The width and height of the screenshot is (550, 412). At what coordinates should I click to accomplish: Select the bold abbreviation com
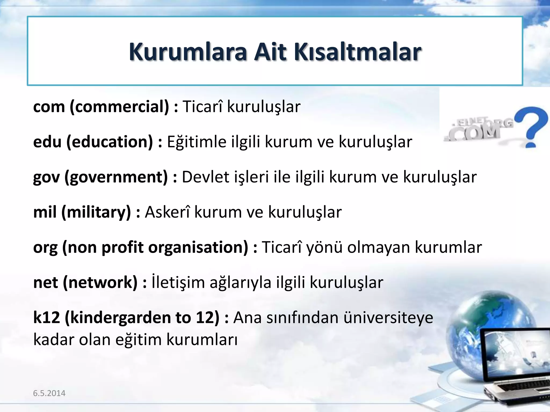[49, 107]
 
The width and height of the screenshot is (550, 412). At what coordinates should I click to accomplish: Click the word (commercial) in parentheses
[120, 107]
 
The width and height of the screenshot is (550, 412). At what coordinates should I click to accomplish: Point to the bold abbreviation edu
[47, 142]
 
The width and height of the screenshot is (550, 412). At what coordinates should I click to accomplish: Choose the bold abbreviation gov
[46, 177]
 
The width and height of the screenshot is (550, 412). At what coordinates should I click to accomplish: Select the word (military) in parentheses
[96, 212]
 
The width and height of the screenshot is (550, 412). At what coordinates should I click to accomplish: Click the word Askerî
[167, 212]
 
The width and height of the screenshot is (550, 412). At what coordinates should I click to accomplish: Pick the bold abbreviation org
[45, 248]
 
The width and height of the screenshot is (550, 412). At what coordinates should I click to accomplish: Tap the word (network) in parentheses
[100, 283]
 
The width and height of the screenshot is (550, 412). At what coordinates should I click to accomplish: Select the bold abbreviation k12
[46, 318]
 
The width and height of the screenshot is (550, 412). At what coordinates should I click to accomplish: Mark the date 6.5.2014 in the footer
[49, 393]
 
